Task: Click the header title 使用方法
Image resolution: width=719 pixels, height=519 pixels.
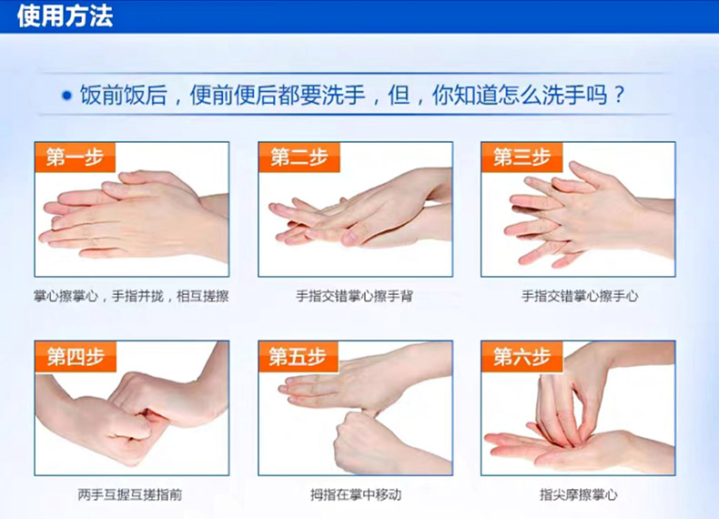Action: click(65, 15)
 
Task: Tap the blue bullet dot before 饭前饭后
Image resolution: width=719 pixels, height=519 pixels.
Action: click(67, 96)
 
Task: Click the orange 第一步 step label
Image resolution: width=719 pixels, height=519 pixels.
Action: click(75, 158)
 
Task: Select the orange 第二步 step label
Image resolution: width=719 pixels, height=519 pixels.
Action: click(299, 158)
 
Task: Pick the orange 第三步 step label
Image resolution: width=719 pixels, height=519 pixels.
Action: click(522, 158)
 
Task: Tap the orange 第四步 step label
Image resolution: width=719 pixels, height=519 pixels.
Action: click(76, 357)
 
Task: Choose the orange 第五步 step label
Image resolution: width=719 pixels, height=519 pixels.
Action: click(298, 357)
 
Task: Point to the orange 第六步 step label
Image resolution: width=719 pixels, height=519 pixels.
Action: click(522, 357)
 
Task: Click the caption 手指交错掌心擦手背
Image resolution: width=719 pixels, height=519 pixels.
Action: click(354, 297)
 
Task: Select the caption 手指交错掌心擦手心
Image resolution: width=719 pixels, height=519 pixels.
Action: click(580, 297)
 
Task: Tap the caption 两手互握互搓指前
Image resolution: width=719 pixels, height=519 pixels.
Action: click(130, 494)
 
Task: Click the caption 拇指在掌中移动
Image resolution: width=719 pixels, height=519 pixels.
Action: click(356, 494)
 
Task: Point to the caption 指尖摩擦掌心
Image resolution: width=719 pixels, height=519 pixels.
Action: click(579, 494)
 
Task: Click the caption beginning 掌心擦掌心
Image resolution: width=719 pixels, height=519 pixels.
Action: click(131, 297)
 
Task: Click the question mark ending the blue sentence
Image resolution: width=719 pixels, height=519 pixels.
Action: click(619, 96)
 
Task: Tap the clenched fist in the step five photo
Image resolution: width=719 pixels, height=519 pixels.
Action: click(362, 441)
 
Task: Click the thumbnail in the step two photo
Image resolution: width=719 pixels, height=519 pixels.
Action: click(350, 237)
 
